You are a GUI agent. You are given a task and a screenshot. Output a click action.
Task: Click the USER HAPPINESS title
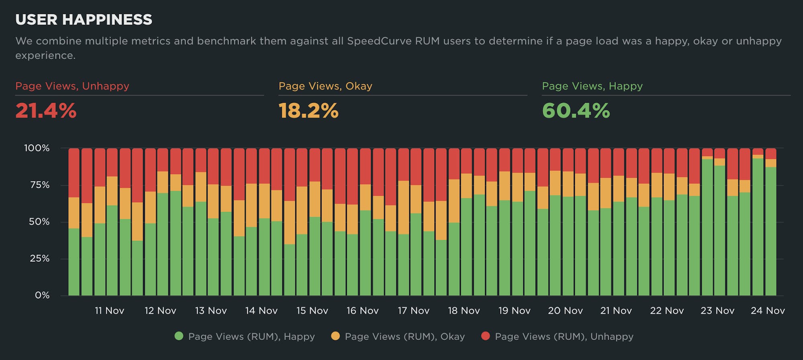point(84,20)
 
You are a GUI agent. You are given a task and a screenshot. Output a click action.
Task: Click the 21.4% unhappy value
point(46,111)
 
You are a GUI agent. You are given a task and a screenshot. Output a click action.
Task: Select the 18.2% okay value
point(308,111)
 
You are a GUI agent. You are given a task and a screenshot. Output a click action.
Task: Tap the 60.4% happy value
point(576,111)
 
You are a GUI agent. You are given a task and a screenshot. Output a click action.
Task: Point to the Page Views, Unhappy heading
point(72,86)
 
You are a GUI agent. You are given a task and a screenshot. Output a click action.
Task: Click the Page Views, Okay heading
point(325,86)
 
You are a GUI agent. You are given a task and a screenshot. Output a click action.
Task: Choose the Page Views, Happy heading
point(592,86)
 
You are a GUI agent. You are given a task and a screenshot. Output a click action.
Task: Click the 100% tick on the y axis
point(37,148)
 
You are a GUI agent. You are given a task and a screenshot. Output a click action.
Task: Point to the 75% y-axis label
point(39,185)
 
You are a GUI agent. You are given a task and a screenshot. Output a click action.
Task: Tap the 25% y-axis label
point(39,258)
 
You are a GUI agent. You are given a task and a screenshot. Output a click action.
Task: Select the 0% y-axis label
point(42,295)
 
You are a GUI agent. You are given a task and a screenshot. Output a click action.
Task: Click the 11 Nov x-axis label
point(109,311)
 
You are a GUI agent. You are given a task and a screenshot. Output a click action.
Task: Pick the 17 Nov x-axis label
point(414,311)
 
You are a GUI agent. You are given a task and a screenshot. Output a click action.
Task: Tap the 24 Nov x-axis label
point(768,311)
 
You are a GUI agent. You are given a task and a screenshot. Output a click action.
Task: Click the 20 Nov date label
point(565,311)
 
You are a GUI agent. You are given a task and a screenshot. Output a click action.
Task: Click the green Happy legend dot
point(179,336)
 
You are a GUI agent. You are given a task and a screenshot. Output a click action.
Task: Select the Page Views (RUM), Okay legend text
point(405,337)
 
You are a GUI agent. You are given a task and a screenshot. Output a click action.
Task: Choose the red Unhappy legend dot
point(485,336)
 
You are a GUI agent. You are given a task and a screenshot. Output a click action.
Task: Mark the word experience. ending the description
point(45,55)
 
